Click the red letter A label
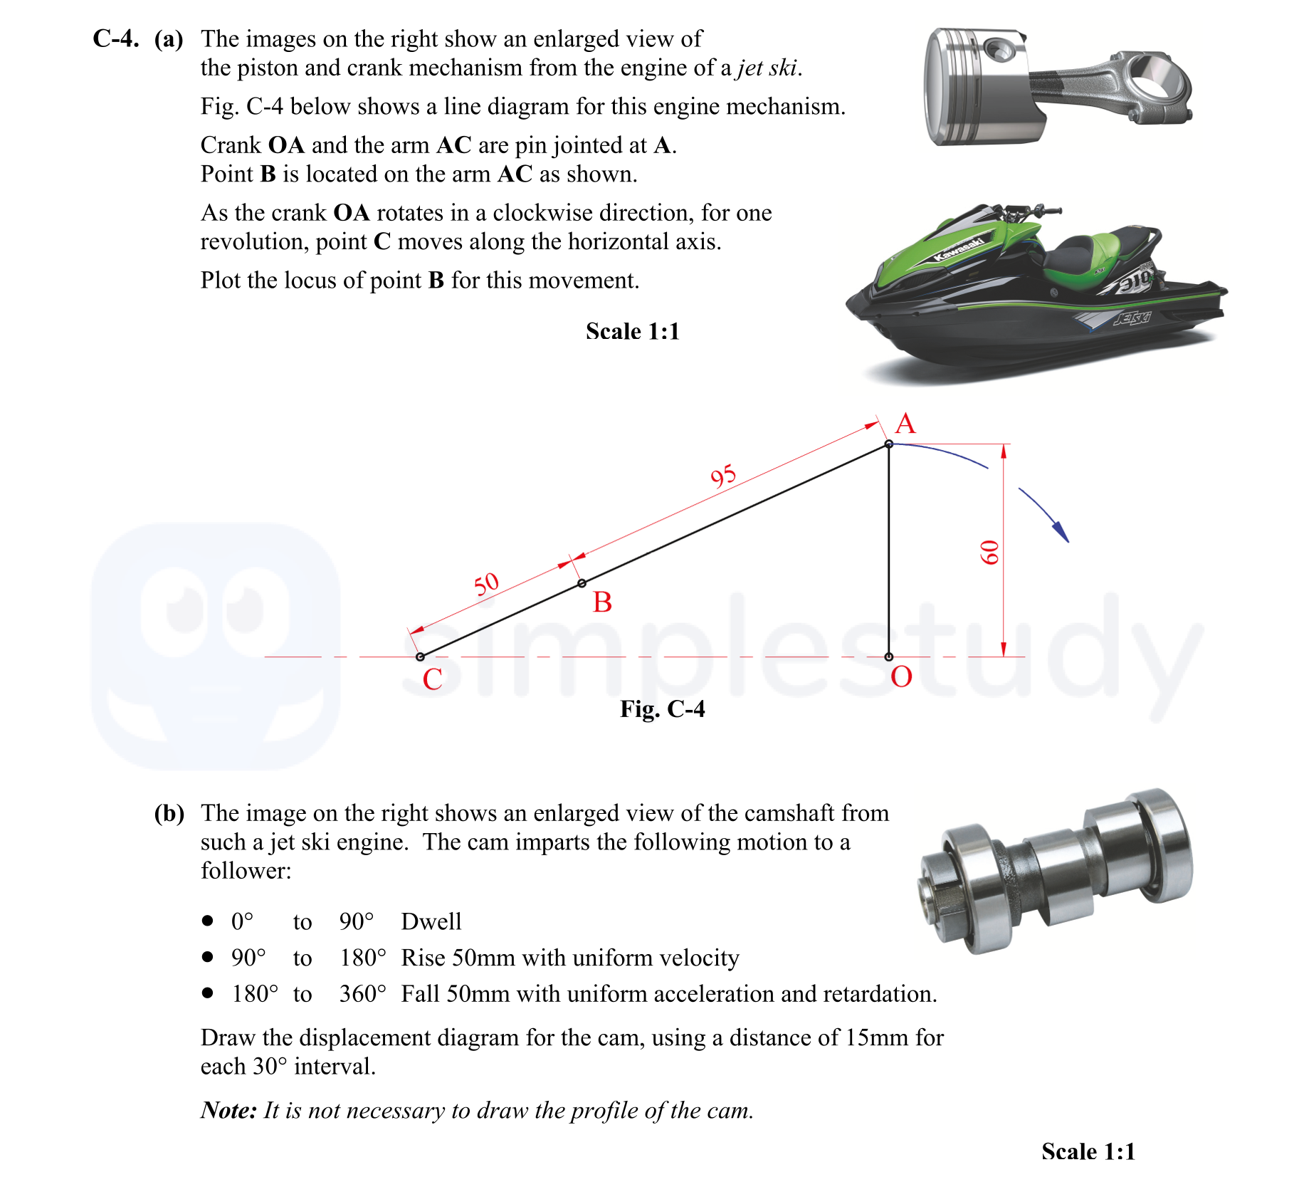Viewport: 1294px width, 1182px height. coord(905,424)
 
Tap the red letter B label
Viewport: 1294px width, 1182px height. coord(602,602)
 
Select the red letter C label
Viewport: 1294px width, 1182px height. coord(432,679)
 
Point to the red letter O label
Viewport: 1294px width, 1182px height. coord(901,677)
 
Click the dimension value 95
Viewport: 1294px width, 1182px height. coord(723,476)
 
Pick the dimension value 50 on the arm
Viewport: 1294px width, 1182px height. coord(487,585)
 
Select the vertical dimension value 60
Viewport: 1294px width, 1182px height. coord(989,553)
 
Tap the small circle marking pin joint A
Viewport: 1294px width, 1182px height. coord(888,444)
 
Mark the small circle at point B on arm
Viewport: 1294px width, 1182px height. coord(582,583)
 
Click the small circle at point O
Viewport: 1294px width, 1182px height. coord(888,657)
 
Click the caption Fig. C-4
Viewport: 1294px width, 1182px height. coord(662,709)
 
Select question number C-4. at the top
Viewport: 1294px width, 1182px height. coord(115,38)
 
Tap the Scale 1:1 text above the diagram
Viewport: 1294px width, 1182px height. coord(632,331)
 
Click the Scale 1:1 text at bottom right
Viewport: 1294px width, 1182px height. coord(1088,1151)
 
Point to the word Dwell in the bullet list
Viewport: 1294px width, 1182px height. coord(431,921)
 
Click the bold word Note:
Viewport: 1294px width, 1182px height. coord(228,1110)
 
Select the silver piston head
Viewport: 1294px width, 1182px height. coord(975,85)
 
